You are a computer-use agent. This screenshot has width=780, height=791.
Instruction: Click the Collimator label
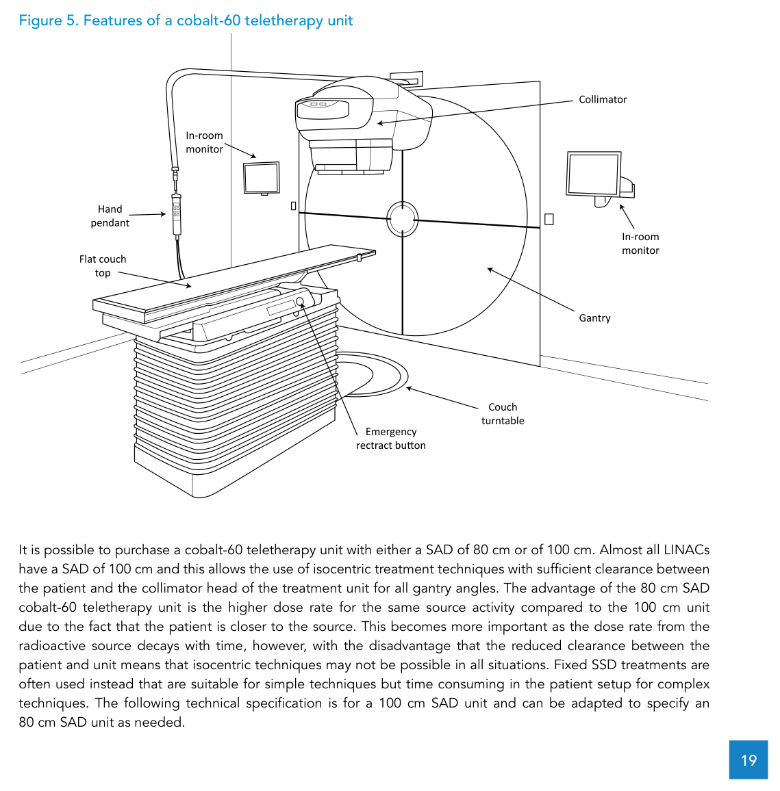tap(603, 100)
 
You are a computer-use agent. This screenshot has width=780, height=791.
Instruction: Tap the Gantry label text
tap(594, 318)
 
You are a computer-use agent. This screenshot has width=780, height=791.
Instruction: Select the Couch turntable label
tap(503, 414)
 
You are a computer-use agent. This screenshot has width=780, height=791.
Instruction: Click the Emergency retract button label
tap(391, 439)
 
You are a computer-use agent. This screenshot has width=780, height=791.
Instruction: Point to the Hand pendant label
tap(110, 216)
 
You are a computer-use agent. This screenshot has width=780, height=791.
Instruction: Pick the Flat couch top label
tap(103, 266)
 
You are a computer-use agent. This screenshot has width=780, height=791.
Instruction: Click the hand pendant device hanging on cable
tap(177, 214)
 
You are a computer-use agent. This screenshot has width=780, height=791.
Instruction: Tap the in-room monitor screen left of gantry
tap(262, 178)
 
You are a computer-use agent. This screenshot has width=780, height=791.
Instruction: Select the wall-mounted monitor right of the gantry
tap(593, 174)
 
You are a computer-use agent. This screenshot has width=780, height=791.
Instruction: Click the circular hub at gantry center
tap(402, 219)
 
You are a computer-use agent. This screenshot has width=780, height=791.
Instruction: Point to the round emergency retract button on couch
tap(299, 302)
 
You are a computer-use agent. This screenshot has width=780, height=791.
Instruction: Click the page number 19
tap(748, 760)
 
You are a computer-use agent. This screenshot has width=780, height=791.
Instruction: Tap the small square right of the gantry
tap(549, 219)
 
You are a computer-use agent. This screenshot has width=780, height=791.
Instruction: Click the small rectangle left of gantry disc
tap(294, 205)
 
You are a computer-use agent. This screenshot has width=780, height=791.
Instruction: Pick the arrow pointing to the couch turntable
tap(442, 398)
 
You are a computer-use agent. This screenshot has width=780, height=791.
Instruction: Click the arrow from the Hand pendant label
tap(147, 215)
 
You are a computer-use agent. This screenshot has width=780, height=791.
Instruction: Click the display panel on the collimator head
tap(322, 109)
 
